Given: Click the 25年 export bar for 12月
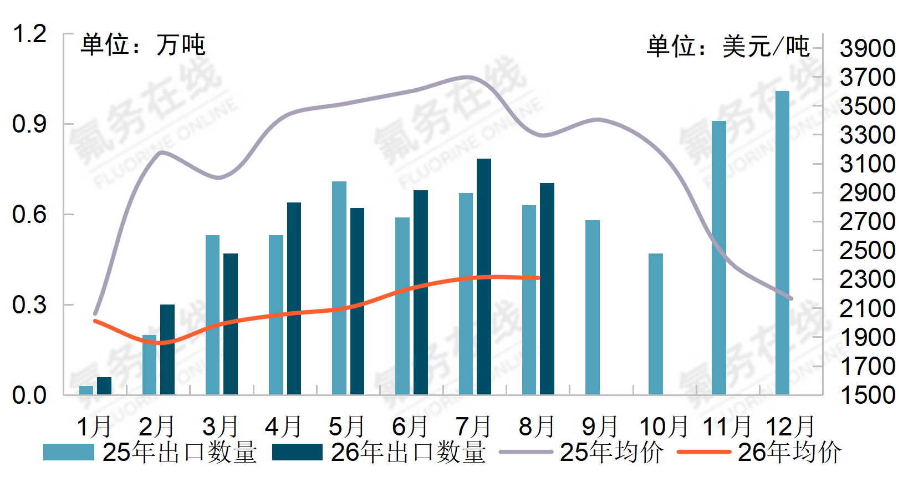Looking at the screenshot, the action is coord(782,243).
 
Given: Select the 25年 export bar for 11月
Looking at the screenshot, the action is coord(719,258).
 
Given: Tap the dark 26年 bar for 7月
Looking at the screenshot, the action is coord(484,277).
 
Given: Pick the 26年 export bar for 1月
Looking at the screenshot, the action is coord(104,386).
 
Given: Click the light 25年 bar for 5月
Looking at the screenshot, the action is coord(339,288).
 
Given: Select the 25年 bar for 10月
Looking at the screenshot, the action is coord(656,324).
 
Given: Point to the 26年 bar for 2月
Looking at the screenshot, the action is coord(167,349).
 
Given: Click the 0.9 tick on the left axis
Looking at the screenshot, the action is coord(29,124).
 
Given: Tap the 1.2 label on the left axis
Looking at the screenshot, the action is coord(29,34).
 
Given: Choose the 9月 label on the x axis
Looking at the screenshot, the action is coord(600,427).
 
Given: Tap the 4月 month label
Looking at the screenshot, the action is coord(283,427).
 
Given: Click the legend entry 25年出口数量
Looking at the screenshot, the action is coord(150,452).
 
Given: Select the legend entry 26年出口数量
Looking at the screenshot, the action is coord(379,452).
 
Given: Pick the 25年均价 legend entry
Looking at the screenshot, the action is coord(581,452).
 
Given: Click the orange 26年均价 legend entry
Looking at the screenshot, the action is coord(759,452).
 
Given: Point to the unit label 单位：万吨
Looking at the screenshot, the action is coord(143,44).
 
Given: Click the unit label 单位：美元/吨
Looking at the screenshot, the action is coord(728,46).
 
